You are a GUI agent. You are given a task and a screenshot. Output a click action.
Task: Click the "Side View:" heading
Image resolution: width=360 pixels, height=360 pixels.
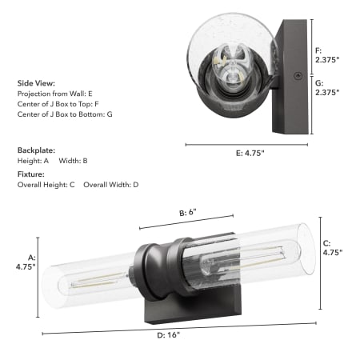point(36,83)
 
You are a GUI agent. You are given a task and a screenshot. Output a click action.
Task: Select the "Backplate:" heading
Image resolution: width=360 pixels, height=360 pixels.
point(36,150)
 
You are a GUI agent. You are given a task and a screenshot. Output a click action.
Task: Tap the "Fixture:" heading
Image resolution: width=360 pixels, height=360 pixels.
point(31,174)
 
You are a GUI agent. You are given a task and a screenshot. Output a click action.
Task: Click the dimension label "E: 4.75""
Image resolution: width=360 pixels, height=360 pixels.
point(250,153)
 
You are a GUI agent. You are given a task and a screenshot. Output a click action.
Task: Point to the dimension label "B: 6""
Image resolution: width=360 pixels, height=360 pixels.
point(188,213)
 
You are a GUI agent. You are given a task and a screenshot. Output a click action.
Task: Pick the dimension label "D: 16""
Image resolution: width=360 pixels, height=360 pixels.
point(168,335)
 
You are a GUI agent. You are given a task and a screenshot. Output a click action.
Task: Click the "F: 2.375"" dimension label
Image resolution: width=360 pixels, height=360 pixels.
point(327,55)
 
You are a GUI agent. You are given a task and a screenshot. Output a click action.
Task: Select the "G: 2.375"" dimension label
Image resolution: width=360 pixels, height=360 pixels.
point(327,88)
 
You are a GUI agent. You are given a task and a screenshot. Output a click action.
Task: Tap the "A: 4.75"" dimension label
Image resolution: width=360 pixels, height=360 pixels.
point(26,262)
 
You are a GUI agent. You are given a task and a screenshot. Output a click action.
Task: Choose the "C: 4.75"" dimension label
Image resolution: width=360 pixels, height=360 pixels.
point(333,248)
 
